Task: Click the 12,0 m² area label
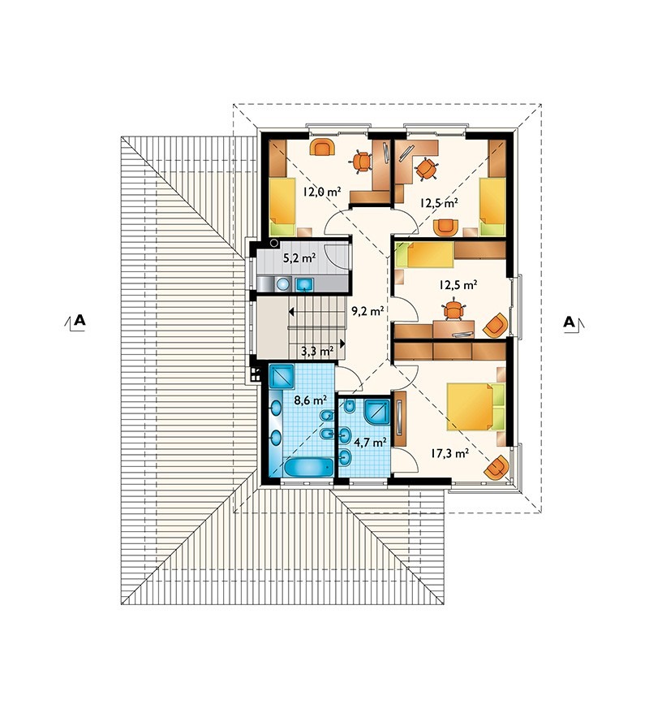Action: coord(321,192)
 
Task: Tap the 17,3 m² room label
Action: coord(449,453)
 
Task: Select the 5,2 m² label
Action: coord(299,258)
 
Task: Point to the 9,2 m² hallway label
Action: coord(367,310)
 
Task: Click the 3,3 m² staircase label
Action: coord(317,349)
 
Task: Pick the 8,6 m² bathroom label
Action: coord(311,400)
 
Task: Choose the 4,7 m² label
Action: coord(371,442)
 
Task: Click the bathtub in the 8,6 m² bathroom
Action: coord(309,467)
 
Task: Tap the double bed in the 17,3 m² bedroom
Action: coord(475,406)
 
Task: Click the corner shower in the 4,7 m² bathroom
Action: coord(376,411)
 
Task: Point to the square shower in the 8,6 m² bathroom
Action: coord(282,377)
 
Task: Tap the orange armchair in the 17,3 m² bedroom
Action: coord(496,468)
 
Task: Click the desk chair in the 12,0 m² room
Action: coord(362,161)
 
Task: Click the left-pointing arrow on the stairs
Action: coord(292,312)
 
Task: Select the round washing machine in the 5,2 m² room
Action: coord(283,284)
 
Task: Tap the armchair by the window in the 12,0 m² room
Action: coord(322,148)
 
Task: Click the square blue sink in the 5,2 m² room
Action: coord(304,284)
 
